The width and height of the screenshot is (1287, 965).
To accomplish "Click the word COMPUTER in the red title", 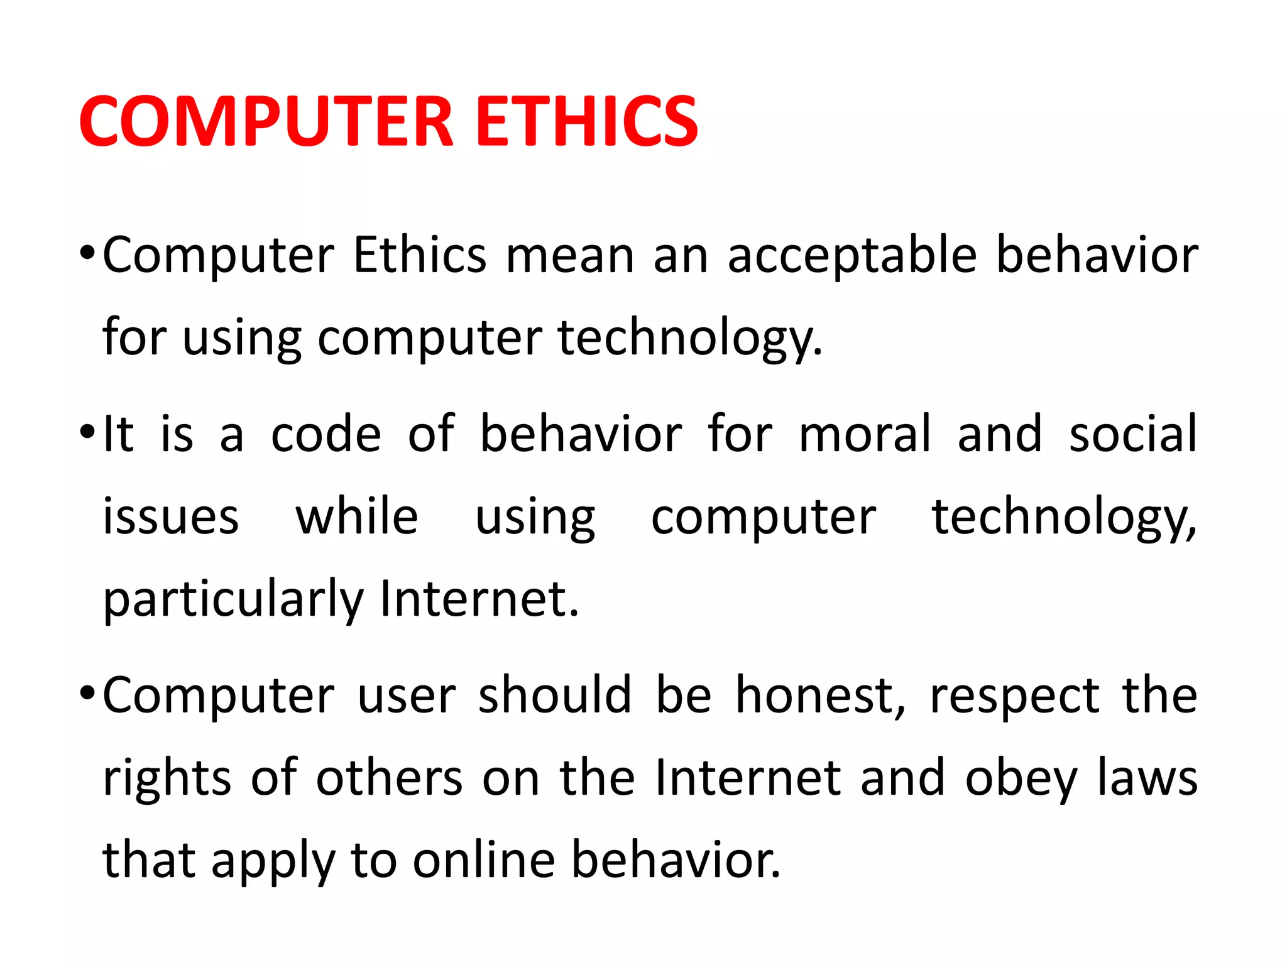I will point(266,121).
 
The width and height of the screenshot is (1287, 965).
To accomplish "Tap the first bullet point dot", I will point(87,254).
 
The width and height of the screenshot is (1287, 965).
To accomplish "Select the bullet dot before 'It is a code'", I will point(87,433).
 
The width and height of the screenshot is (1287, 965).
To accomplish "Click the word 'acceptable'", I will point(852,256).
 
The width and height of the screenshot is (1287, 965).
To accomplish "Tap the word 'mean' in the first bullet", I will point(570,256).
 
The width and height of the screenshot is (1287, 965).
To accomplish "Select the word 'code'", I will point(326,434).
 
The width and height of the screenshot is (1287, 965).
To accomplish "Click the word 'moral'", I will point(865,434).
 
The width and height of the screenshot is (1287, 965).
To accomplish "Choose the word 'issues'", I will point(171,517).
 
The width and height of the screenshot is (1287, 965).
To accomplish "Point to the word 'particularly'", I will point(233,600).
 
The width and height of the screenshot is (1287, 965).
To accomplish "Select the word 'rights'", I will point(167,779).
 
